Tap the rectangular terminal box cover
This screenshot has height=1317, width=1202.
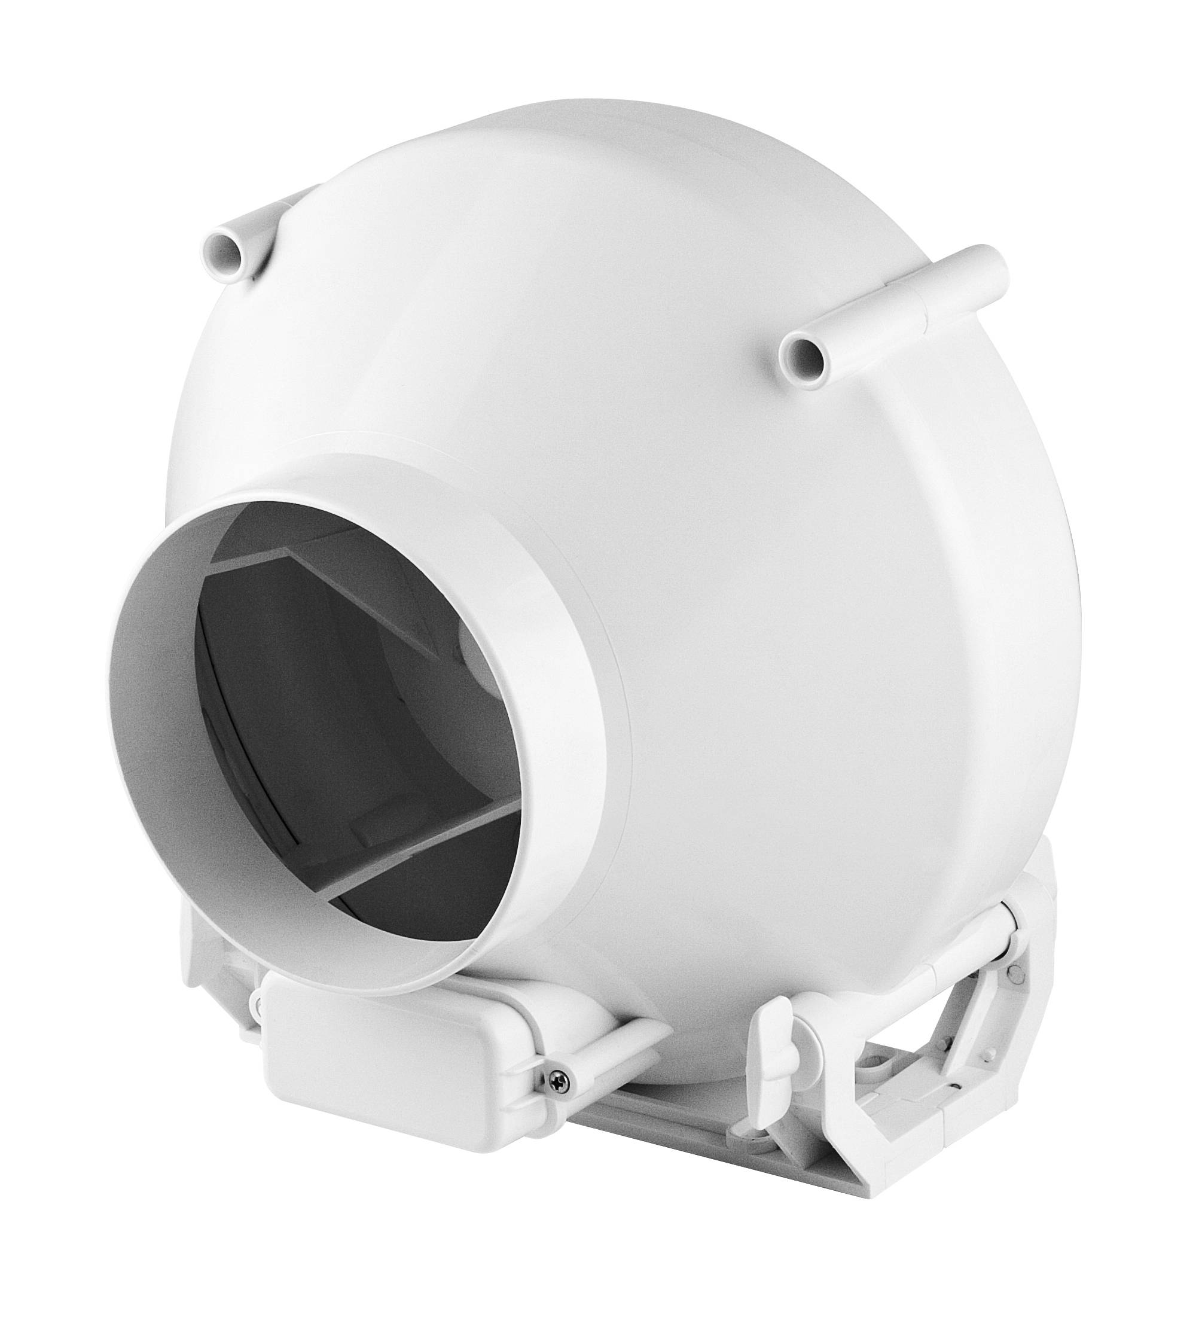(392, 1071)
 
